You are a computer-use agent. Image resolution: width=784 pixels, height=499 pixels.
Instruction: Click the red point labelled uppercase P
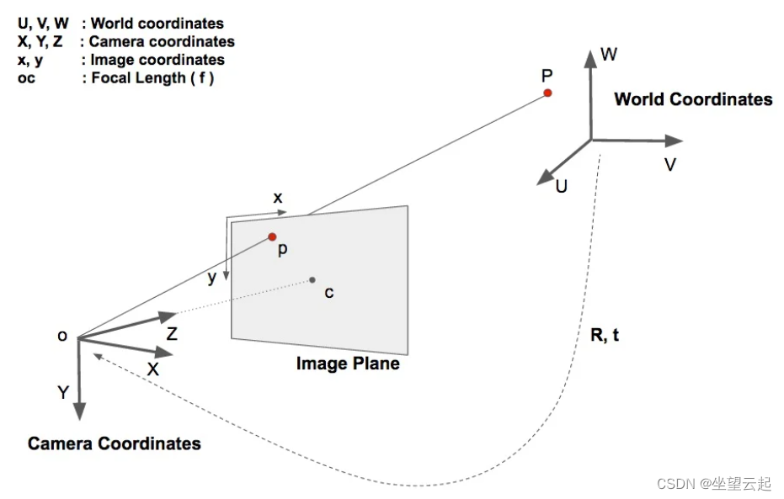(547, 93)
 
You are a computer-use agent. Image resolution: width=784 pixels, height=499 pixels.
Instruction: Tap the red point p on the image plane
(272, 237)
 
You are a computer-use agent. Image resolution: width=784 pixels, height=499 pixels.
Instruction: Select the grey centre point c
(312, 279)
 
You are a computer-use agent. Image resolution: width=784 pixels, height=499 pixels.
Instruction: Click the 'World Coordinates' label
(693, 99)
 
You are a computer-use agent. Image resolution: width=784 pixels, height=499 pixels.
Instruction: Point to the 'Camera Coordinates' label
(115, 443)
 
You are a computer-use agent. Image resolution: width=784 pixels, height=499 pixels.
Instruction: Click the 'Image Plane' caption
(348, 364)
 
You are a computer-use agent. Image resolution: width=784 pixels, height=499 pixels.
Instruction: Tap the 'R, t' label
(605, 335)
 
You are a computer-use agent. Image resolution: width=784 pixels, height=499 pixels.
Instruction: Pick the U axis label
(561, 186)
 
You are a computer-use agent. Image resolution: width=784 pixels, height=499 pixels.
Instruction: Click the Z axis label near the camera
(172, 334)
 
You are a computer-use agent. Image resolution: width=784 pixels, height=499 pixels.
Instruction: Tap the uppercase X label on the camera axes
(152, 369)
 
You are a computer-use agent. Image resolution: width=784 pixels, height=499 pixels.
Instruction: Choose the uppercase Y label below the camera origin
(63, 393)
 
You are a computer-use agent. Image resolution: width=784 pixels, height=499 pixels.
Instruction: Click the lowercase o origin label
(62, 336)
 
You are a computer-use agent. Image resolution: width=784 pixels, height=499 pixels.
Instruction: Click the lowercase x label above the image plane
(277, 198)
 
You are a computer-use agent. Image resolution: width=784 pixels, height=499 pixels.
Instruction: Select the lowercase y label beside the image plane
(212, 278)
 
